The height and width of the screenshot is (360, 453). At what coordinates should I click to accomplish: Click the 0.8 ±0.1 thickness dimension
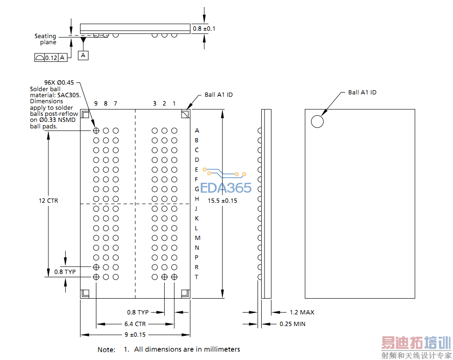click(204, 28)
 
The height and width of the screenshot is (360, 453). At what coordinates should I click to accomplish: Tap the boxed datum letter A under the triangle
click(83, 55)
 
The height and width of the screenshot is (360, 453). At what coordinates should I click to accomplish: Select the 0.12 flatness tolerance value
click(51, 58)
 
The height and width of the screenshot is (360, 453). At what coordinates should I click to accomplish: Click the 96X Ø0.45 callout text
click(59, 83)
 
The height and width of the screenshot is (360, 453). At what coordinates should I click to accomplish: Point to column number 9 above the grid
click(96, 103)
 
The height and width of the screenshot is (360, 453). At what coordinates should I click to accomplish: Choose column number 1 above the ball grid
click(174, 103)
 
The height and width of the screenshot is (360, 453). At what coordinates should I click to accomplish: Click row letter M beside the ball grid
click(197, 238)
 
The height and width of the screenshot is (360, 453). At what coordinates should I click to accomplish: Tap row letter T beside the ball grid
click(196, 277)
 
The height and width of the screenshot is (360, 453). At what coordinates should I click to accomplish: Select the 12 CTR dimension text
click(48, 200)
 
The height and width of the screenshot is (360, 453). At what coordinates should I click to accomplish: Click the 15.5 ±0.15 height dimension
click(223, 200)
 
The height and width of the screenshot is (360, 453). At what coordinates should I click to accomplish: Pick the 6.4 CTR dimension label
click(135, 324)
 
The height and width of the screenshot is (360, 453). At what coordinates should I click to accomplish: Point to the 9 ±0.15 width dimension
click(135, 334)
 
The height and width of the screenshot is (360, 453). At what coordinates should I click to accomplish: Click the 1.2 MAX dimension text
click(302, 312)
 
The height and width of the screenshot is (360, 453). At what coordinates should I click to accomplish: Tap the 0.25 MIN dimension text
click(292, 324)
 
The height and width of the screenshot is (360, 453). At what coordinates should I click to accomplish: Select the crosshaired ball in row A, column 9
click(96, 131)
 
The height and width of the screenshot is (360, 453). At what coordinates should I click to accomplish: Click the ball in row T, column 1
click(174, 277)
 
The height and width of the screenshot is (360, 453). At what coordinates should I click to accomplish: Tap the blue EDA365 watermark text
click(226, 188)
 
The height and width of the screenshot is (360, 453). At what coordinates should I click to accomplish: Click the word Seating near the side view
click(45, 36)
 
